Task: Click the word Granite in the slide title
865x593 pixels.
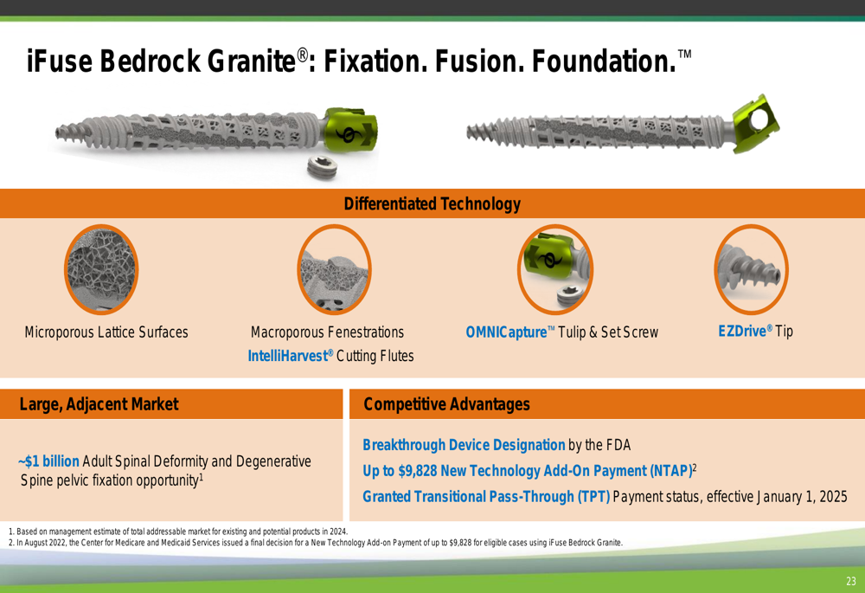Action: tap(252, 61)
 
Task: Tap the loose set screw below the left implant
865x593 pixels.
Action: tap(322, 167)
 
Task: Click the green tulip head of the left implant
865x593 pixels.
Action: tap(349, 131)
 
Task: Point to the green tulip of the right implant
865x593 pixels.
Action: tap(756, 123)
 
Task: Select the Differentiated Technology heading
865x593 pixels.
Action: tap(432, 203)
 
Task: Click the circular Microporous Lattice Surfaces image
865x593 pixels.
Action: tap(101, 269)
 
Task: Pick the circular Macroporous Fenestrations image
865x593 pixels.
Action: tap(334, 269)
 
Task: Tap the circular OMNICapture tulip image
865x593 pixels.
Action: tap(555, 269)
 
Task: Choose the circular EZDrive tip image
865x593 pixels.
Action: tap(751, 269)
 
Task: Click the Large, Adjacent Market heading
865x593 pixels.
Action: tap(99, 404)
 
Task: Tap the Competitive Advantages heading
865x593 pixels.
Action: tap(446, 404)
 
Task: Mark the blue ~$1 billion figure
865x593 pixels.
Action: tap(48, 461)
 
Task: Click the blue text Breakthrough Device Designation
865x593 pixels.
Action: tap(464, 445)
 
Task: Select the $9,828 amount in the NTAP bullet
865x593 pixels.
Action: tap(418, 471)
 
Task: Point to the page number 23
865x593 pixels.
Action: tap(850, 581)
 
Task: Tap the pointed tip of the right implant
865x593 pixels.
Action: tap(468, 132)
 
